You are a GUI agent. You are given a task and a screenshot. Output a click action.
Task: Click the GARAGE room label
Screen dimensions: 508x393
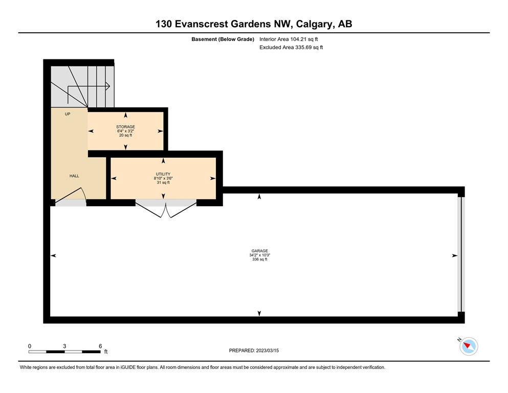(259, 251)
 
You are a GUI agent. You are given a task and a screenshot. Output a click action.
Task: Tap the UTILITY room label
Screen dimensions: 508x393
(163, 174)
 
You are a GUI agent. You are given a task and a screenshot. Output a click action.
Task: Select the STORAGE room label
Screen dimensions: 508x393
(126, 127)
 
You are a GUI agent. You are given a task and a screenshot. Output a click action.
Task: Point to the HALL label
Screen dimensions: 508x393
(74, 176)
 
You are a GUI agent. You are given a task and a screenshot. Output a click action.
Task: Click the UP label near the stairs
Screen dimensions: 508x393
(68, 114)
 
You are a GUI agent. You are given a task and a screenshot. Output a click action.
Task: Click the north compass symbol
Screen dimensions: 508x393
(468, 346)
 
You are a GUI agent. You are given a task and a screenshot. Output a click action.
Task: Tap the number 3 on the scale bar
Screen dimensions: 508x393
(64, 346)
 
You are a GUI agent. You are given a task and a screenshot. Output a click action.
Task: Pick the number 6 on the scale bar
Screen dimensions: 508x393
(100, 346)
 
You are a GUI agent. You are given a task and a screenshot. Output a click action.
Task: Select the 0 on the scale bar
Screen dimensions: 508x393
(30, 346)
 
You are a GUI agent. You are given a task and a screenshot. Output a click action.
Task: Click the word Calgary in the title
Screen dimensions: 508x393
(314, 24)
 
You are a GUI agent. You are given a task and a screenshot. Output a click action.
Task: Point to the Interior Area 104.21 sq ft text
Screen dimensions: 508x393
(289, 39)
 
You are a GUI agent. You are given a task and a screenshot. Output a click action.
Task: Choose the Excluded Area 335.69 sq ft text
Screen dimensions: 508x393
(291, 47)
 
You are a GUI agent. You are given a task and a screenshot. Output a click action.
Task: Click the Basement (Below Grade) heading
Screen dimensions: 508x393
(223, 39)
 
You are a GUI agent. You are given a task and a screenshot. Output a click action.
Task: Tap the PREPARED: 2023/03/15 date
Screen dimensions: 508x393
(254, 351)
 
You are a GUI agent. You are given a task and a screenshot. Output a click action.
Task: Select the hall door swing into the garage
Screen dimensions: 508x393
(70, 197)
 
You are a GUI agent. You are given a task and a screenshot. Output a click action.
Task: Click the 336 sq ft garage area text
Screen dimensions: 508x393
(260, 259)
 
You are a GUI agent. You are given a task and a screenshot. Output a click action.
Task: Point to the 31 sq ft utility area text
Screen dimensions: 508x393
(163, 182)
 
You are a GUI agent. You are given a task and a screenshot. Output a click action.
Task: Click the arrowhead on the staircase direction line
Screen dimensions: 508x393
(108, 86)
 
